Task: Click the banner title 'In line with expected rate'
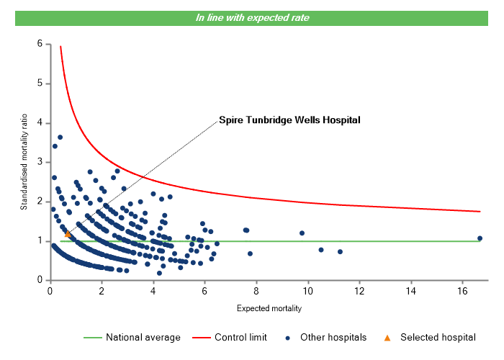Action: [x=252, y=17]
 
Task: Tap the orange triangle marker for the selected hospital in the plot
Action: [x=68, y=234]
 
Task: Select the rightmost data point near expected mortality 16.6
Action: [x=480, y=238]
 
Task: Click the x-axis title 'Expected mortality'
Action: [x=269, y=309]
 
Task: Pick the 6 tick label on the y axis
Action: [x=39, y=44]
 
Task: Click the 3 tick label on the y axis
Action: [x=39, y=162]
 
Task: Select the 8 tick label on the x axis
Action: [x=256, y=291]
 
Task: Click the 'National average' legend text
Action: [x=148, y=337]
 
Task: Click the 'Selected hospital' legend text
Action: [x=437, y=337]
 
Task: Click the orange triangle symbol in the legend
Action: [x=387, y=337]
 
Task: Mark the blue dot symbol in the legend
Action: [x=288, y=337]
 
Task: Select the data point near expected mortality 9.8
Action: [x=302, y=233]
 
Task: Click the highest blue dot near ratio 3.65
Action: [x=60, y=137]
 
